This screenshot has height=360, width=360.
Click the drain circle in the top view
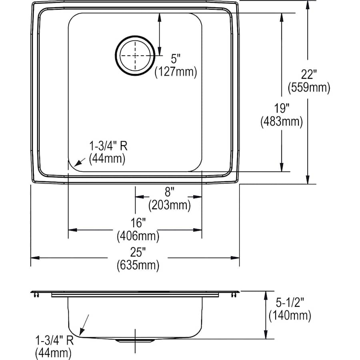135,56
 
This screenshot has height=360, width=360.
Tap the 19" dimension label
282,108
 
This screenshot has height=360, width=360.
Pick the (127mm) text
176,72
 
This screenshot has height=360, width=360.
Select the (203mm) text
169,206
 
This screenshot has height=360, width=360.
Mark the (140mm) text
290,316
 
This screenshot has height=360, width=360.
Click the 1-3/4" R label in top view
108,146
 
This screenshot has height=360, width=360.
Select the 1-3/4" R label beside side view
54,341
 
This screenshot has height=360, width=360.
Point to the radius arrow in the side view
84,324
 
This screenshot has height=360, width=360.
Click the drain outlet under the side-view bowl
135,340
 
